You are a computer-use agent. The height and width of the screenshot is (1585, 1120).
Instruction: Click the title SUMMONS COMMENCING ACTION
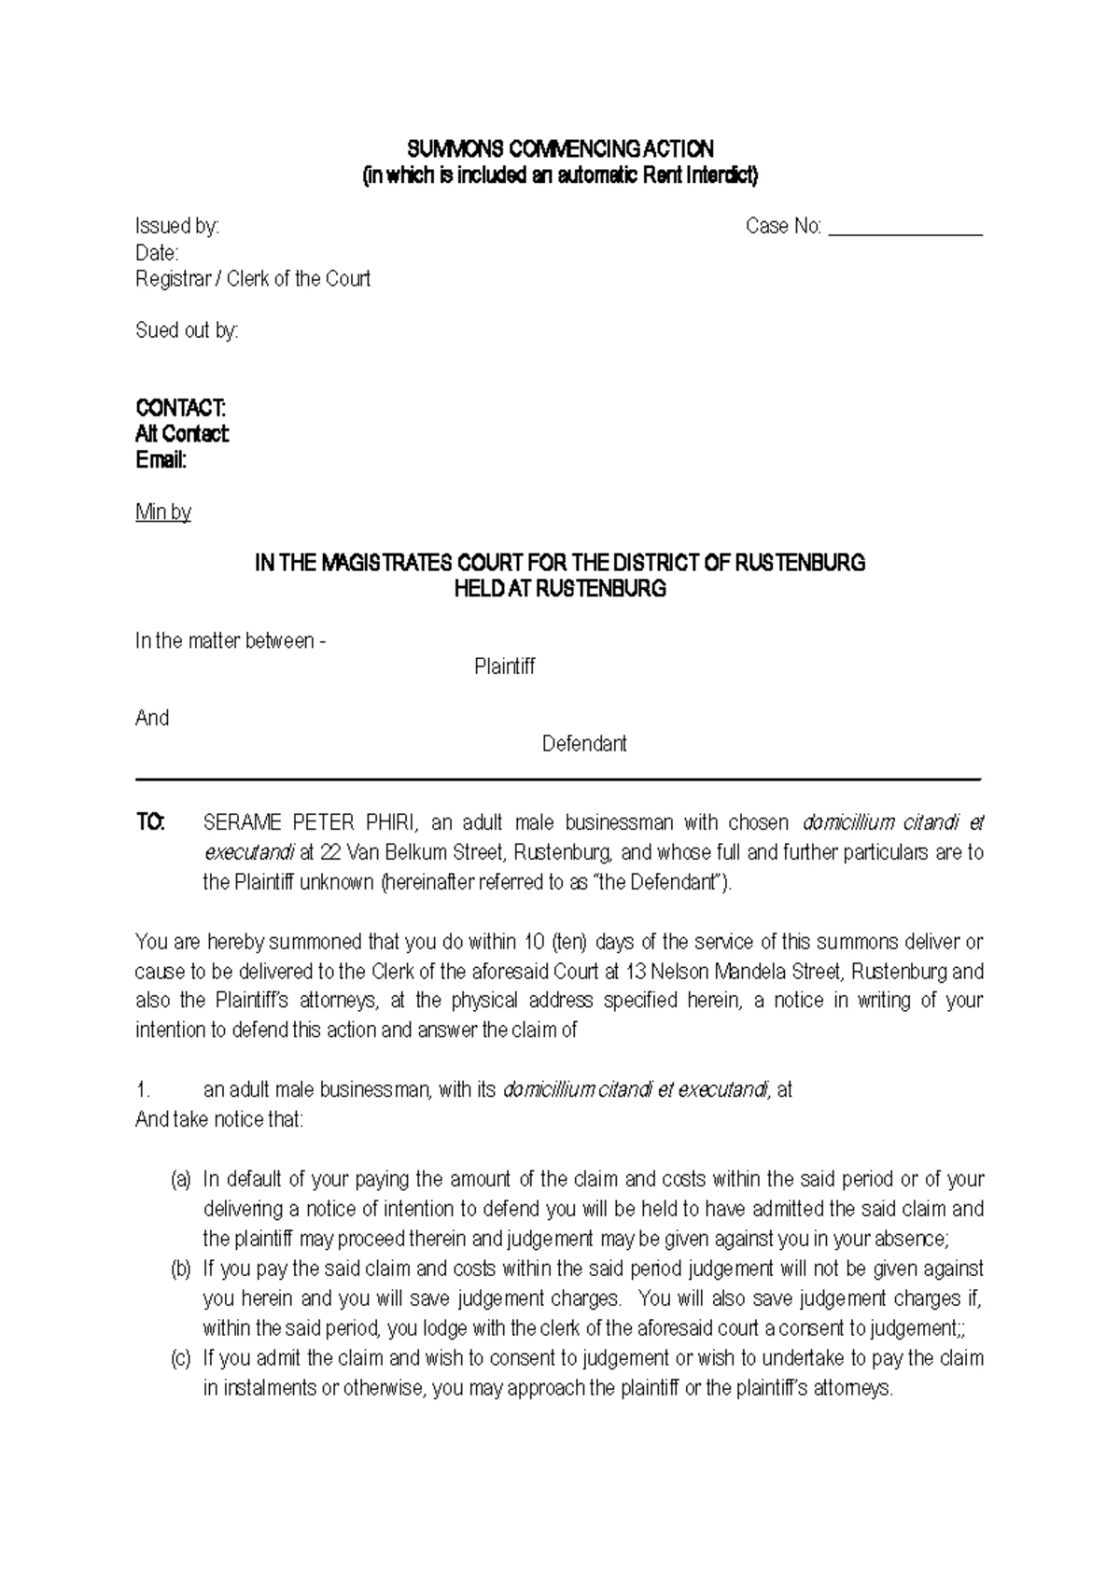(560, 149)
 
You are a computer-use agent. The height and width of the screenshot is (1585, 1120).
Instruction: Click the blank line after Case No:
(904, 228)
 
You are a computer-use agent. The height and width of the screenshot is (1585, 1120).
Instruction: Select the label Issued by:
(177, 227)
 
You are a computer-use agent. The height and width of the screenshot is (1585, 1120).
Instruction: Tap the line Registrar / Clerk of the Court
(253, 279)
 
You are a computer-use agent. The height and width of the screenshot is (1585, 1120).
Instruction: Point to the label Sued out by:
(187, 331)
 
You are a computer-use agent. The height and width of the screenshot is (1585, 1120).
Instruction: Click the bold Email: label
(161, 461)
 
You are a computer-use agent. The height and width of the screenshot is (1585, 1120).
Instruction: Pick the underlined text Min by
(163, 512)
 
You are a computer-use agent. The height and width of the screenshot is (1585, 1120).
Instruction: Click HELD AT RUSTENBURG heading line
(560, 590)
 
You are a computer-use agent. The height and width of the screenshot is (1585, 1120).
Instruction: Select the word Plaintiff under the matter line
(504, 667)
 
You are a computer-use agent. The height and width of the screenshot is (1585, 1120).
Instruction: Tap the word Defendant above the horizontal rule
(584, 745)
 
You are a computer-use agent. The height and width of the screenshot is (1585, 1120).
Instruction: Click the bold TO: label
(150, 823)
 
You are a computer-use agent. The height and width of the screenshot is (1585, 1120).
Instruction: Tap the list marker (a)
(180, 1180)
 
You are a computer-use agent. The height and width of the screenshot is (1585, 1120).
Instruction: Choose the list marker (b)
(180, 1269)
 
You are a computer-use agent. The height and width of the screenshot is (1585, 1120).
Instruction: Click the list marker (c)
(180, 1359)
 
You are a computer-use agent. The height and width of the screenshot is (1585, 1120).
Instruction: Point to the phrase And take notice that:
(219, 1120)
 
